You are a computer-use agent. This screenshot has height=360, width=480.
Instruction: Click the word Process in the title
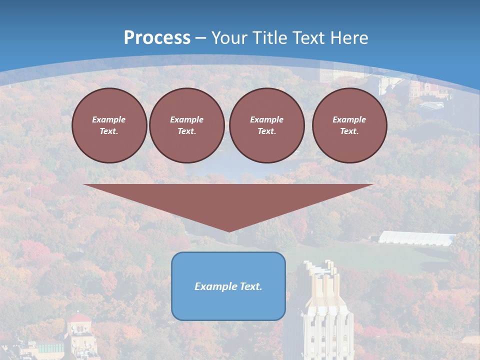pos(157,38)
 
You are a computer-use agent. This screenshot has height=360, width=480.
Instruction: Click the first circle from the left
pos(109,125)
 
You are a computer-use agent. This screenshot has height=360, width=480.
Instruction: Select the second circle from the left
pos(186,125)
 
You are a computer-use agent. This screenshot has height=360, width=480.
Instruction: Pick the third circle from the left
pos(266,125)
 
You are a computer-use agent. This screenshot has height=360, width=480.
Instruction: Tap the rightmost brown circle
pos(349,125)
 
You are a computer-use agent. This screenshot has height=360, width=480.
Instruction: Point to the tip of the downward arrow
pos(228,230)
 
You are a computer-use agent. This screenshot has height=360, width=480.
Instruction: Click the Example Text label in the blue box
pos(228,286)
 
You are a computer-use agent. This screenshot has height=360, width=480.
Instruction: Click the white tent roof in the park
pos(416,238)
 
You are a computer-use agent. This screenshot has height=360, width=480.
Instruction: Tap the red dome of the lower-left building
pos(79,318)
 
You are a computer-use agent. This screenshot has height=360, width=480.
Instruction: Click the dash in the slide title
pos(200,38)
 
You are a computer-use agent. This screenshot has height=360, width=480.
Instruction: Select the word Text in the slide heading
pos(308,38)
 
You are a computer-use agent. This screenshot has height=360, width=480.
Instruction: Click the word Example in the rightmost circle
pos(349,119)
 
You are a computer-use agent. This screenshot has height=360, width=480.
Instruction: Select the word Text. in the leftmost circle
pos(109,131)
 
